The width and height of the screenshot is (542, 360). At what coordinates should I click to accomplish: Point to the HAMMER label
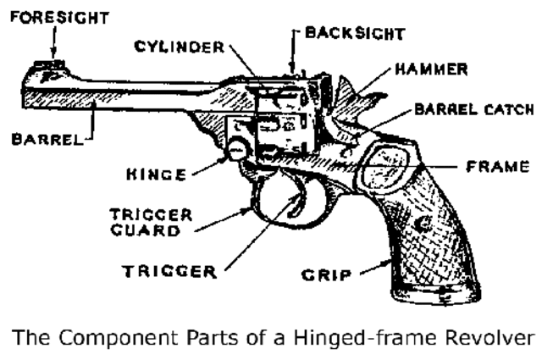[434, 70]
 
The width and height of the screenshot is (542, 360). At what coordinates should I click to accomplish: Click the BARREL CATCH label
[474, 110]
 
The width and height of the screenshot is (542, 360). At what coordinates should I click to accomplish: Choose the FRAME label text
[498, 168]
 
